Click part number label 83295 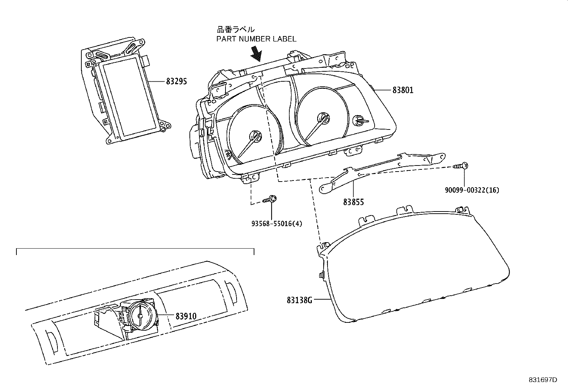[x=176, y=82]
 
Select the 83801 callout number [x=403, y=90]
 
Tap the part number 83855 [x=354, y=202]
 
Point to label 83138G [x=299, y=300]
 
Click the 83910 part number [x=186, y=316]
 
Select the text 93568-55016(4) [x=277, y=224]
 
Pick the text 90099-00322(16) [x=472, y=190]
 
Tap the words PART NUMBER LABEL [x=256, y=39]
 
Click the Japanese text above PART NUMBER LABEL [x=236, y=30]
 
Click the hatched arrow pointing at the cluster [x=257, y=54]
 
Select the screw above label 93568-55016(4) [x=270, y=199]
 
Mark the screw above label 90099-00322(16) [x=461, y=166]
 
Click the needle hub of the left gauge [x=255, y=136]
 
